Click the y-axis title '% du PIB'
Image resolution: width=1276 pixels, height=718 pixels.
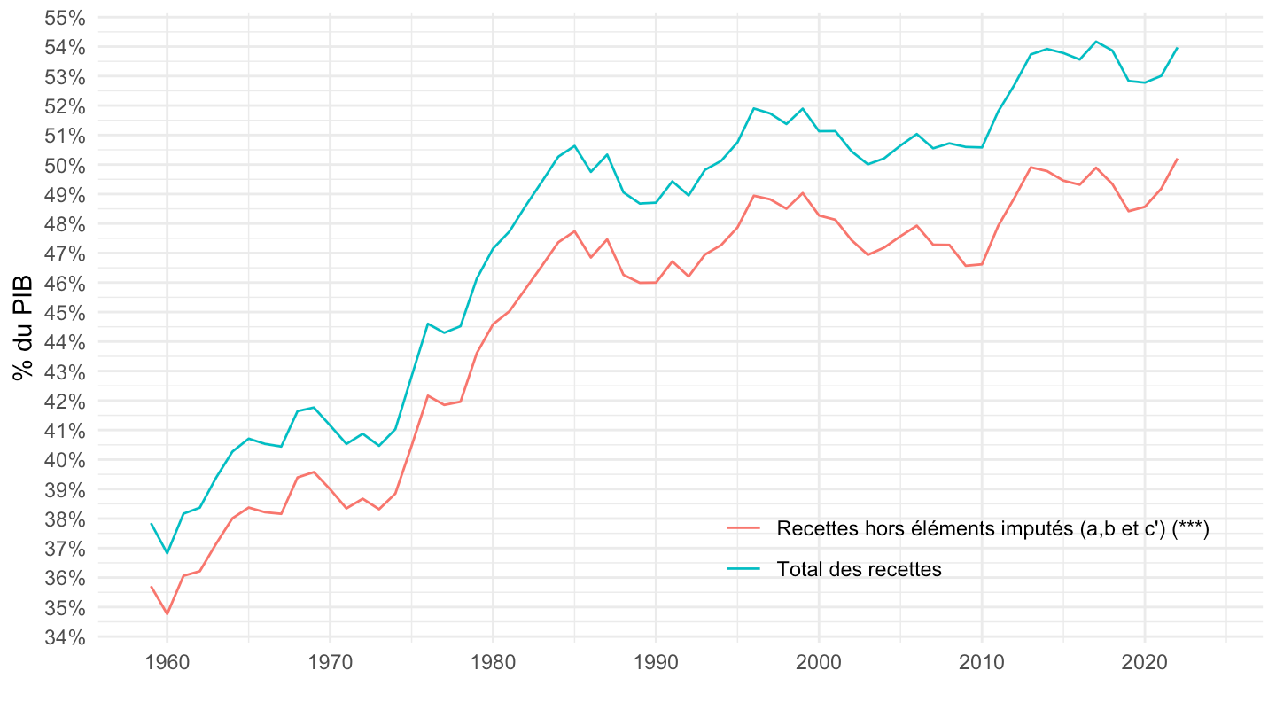pyautogui.click(x=23, y=328)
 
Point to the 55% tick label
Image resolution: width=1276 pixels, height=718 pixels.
pyautogui.click(x=65, y=18)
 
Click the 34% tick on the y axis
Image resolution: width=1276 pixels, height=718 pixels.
pyautogui.click(x=65, y=637)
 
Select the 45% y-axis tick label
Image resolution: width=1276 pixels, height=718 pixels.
pyautogui.click(x=65, y=313)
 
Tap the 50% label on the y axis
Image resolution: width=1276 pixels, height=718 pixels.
pyautogui.click(x=65, y=166)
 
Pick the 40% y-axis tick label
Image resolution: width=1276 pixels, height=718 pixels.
pyautogui.click(x=65, y=460)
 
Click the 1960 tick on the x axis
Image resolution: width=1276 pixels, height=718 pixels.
pyautogui.click(x=167, y=664)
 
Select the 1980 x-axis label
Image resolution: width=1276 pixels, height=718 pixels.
pyautogui.click(x=493, y=664)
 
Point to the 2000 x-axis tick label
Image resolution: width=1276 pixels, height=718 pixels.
pyautogui.click(x=819, y=664)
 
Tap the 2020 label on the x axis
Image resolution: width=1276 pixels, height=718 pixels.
pyautogui.click(x=1145, y=664)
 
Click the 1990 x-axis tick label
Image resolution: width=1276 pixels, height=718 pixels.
pyautogui.click(x=656, y=664)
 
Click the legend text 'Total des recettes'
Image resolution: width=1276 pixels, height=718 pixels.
pyautogui.click(x=859, y=569)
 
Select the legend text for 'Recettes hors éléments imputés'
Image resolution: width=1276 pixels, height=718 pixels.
pyautogui.click(x=992, y=528)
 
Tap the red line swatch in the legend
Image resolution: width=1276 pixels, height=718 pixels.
pyautogui.click(x=744, y=528)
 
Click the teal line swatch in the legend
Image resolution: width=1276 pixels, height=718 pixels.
pyautogui.click(x=744, y=569)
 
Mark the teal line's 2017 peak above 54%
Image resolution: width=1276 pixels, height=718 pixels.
pyautogui.click(x=1096, y=42)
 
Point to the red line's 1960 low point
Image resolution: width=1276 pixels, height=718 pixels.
pyautogui.click(x=167, y=613)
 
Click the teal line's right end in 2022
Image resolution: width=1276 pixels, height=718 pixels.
pyautogui.click(x=1178, y=48)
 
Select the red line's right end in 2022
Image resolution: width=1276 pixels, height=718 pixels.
pyautogui.click(x=1178, y=159)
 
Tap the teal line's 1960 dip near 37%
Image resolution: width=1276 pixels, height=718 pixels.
pyautogui.click(x=167, y=553)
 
